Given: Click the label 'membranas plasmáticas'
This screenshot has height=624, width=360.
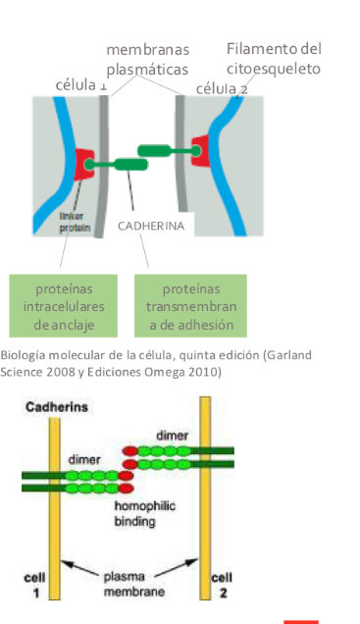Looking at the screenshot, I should click(148, 59).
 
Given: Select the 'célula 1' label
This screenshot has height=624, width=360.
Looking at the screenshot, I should click(82, 85).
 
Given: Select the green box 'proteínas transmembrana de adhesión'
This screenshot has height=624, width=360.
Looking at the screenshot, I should click(190, 306).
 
